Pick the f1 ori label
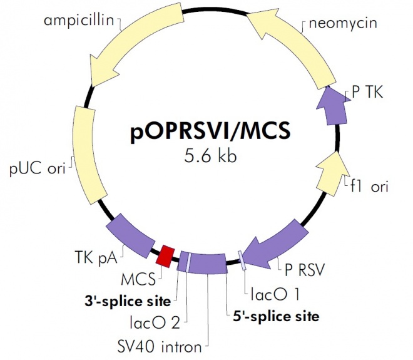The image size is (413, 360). pos(375,187)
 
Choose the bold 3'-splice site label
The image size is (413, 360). pos(128,301)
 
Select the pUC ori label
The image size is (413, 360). pos(38,169)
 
